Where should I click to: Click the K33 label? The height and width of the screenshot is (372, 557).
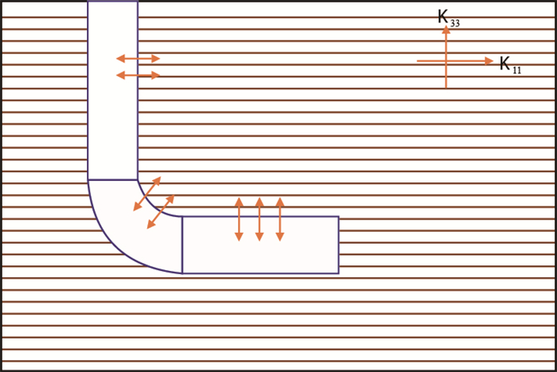[448, 18]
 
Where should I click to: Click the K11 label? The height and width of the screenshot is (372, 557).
[510, 65]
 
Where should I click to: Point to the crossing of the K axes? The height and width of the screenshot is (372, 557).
[446, 61]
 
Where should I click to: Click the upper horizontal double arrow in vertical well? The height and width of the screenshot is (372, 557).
[138, 58]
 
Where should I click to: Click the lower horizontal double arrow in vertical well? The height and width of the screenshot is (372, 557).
[138, 75]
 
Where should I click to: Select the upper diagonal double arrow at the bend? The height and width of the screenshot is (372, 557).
[147, 194]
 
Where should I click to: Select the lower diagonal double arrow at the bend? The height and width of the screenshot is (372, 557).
[161, 212]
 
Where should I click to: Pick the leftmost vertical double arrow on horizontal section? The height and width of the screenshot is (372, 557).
[239, 219]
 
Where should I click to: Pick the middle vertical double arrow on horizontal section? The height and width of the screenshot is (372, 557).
[259, 219]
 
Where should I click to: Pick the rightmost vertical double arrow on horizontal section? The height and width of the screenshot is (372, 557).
[279, 219]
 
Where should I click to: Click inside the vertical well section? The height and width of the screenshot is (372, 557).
[112, 119]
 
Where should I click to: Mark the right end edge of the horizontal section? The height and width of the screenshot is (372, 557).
[338, 245]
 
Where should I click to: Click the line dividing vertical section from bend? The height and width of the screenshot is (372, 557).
[112, 180]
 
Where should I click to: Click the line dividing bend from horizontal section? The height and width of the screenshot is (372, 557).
[182, 245]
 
